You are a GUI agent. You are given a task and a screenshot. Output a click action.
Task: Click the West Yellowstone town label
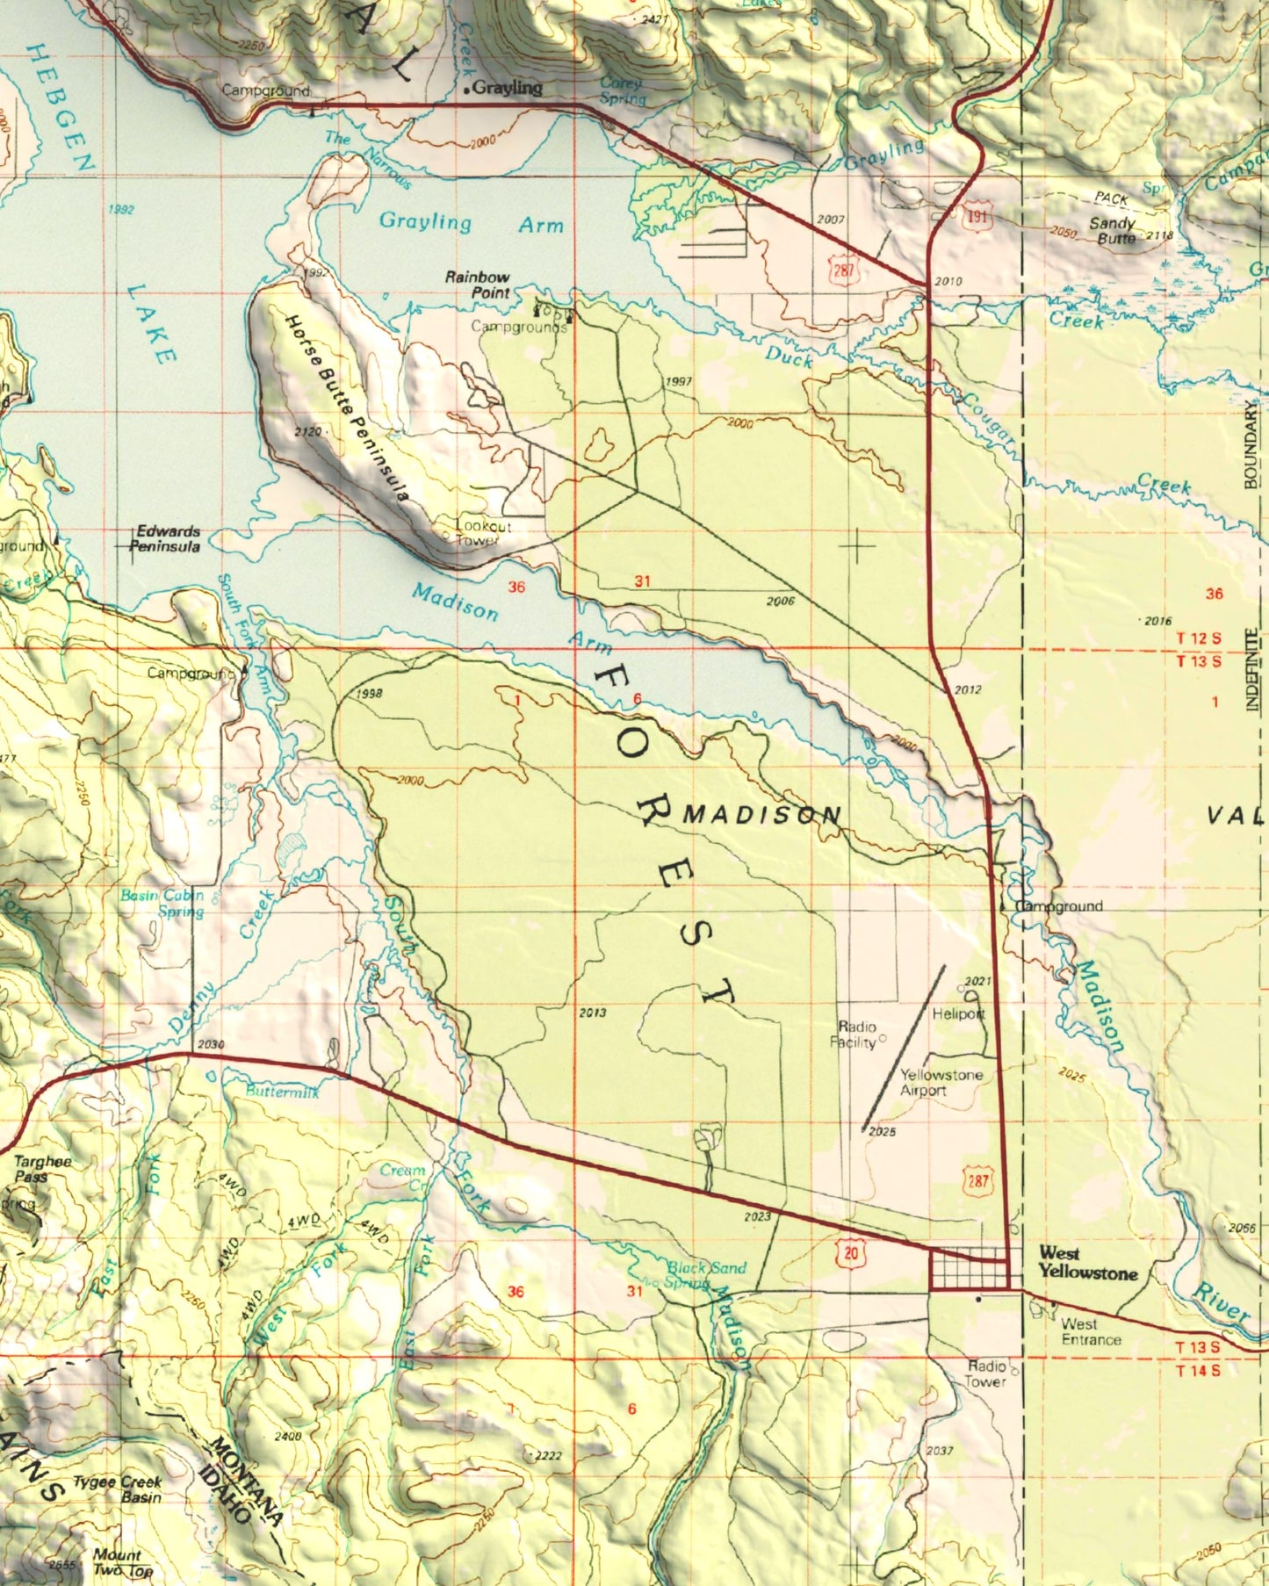coord(1087,1263)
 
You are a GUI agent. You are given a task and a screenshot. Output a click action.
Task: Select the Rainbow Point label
coord(477,285)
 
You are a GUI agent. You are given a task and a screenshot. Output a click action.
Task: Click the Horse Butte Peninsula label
coord(347,408)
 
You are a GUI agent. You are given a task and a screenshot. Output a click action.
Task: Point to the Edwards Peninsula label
coord(166,538)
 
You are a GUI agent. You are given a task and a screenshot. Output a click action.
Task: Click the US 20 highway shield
coord(850,1252)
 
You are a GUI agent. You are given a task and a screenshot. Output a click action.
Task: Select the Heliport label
coord(958,1013)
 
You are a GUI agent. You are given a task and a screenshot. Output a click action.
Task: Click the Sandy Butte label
coord(1113,230)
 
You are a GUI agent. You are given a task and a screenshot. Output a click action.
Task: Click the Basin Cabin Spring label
coord(162,903)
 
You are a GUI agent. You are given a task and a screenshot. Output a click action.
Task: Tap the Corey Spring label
coord(622,90)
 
